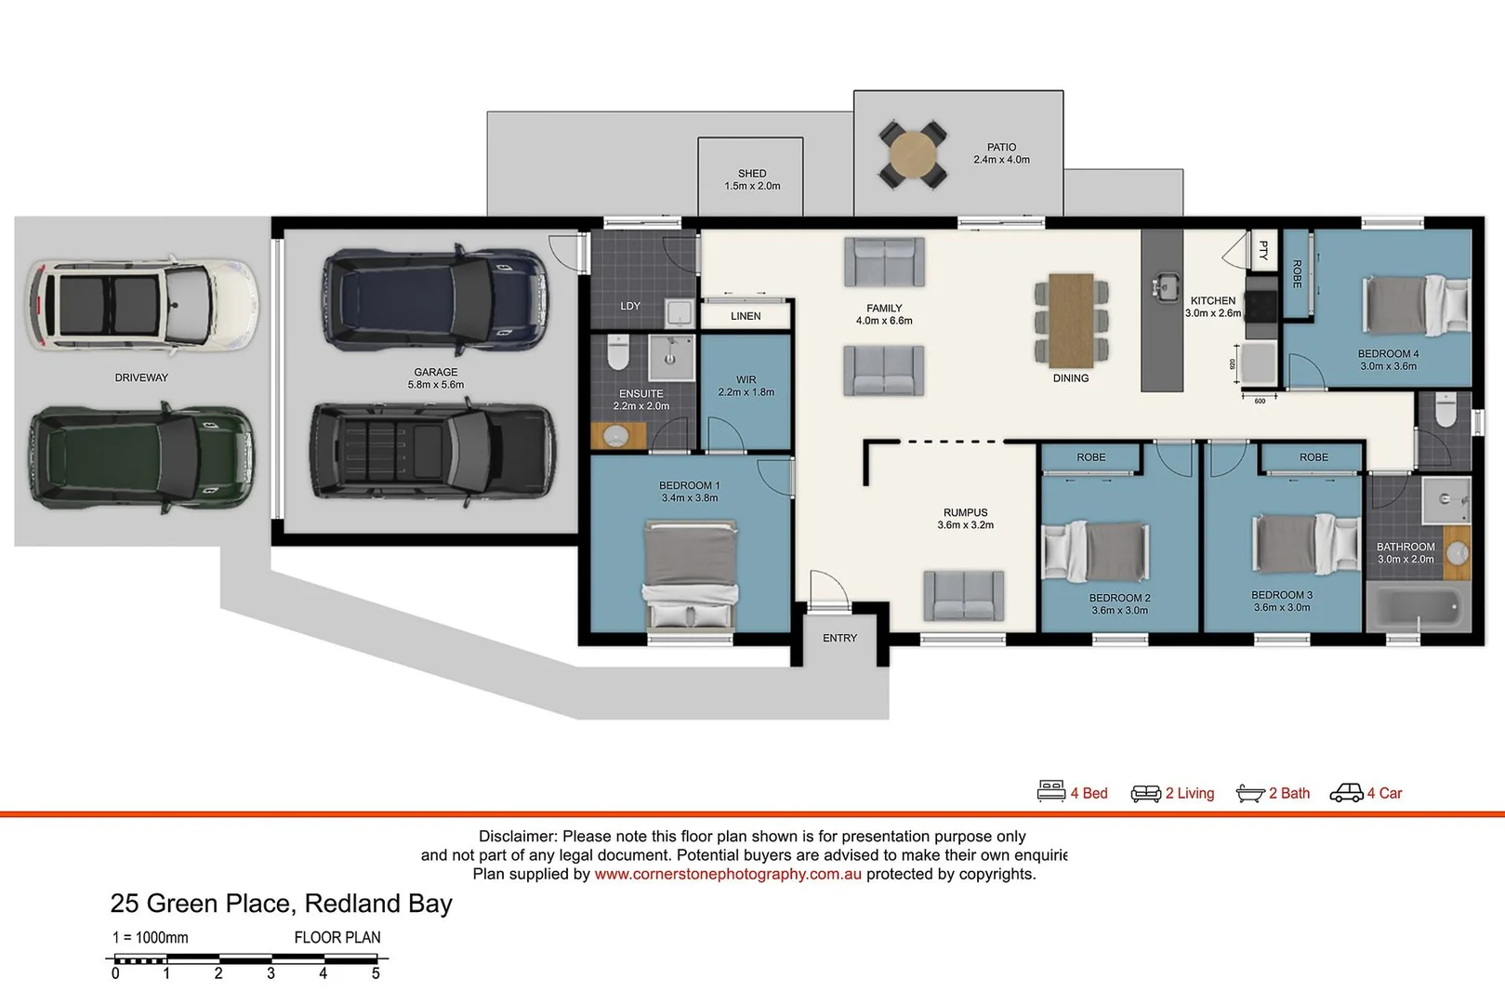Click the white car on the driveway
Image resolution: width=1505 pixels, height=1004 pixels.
(x=142, y=305)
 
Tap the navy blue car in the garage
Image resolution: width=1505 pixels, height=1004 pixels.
(x=435, y=299)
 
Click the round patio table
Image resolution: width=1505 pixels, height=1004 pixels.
(x=913, y=154)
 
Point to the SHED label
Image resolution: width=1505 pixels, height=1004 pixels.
(x=752, y=174)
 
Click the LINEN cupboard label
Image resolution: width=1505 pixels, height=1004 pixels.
(x=746, y=316)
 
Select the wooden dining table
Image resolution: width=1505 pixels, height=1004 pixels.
(x=1071, y=321)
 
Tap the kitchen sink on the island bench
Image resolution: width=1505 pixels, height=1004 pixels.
(x=1166, y=287)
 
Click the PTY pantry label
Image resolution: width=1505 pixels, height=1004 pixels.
(x=1263, y=250)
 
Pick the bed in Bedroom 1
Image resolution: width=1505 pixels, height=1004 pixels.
(x=690, y=575)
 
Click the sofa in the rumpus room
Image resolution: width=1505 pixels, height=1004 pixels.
(x=964, y=595)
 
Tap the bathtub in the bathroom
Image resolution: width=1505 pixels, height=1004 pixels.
(x=1418, y=607)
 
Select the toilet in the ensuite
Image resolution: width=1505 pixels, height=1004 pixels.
(x=617, y=352)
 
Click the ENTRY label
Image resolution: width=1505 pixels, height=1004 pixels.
(x=839, y=638)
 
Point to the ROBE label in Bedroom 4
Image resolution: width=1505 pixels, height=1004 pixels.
(x=1297, y=273)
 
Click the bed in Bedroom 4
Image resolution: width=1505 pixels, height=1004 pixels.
(x=1416, y=305)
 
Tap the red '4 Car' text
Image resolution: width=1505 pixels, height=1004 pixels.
(x=1385, y=793)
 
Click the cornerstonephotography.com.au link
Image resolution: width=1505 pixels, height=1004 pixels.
(x=728, y=874)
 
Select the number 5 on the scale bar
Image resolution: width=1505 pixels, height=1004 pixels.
(x=376, y=973)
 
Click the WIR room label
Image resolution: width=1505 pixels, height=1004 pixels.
(x=746, y=379)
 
